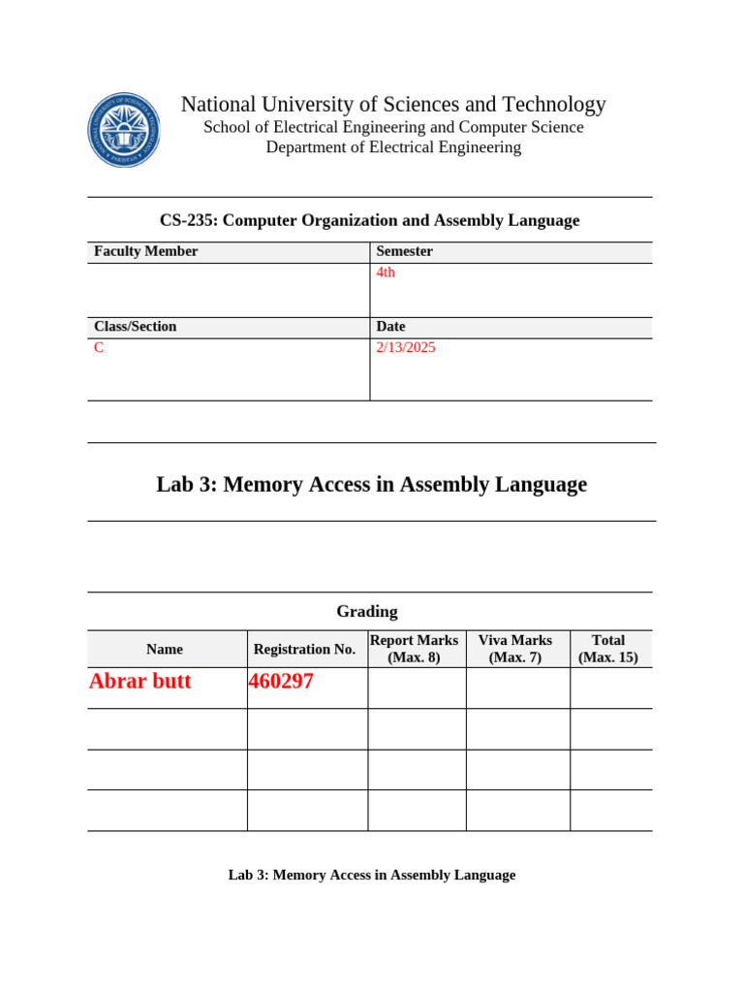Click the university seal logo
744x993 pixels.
click(124, 130)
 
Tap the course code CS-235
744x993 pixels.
click(188, 220)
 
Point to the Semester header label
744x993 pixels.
click(404, 251)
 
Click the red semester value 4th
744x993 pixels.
click(386, 272)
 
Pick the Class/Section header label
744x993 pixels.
click(136, 327)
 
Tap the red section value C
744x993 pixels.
click(99, 347)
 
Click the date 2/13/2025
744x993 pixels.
click(406, 347)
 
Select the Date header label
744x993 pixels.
click(390, 327)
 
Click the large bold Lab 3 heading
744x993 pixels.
click(371, 484)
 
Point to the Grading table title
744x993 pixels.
click(367, 611)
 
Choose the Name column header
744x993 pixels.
click(165, 649)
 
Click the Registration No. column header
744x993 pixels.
click(304, 649)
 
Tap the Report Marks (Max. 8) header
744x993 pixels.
click(415, 649)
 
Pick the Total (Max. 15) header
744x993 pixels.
click(608, 649)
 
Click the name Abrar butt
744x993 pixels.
click(140, 682)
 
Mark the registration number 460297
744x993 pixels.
click(281, 682)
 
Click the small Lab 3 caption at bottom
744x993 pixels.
click(371, 875)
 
